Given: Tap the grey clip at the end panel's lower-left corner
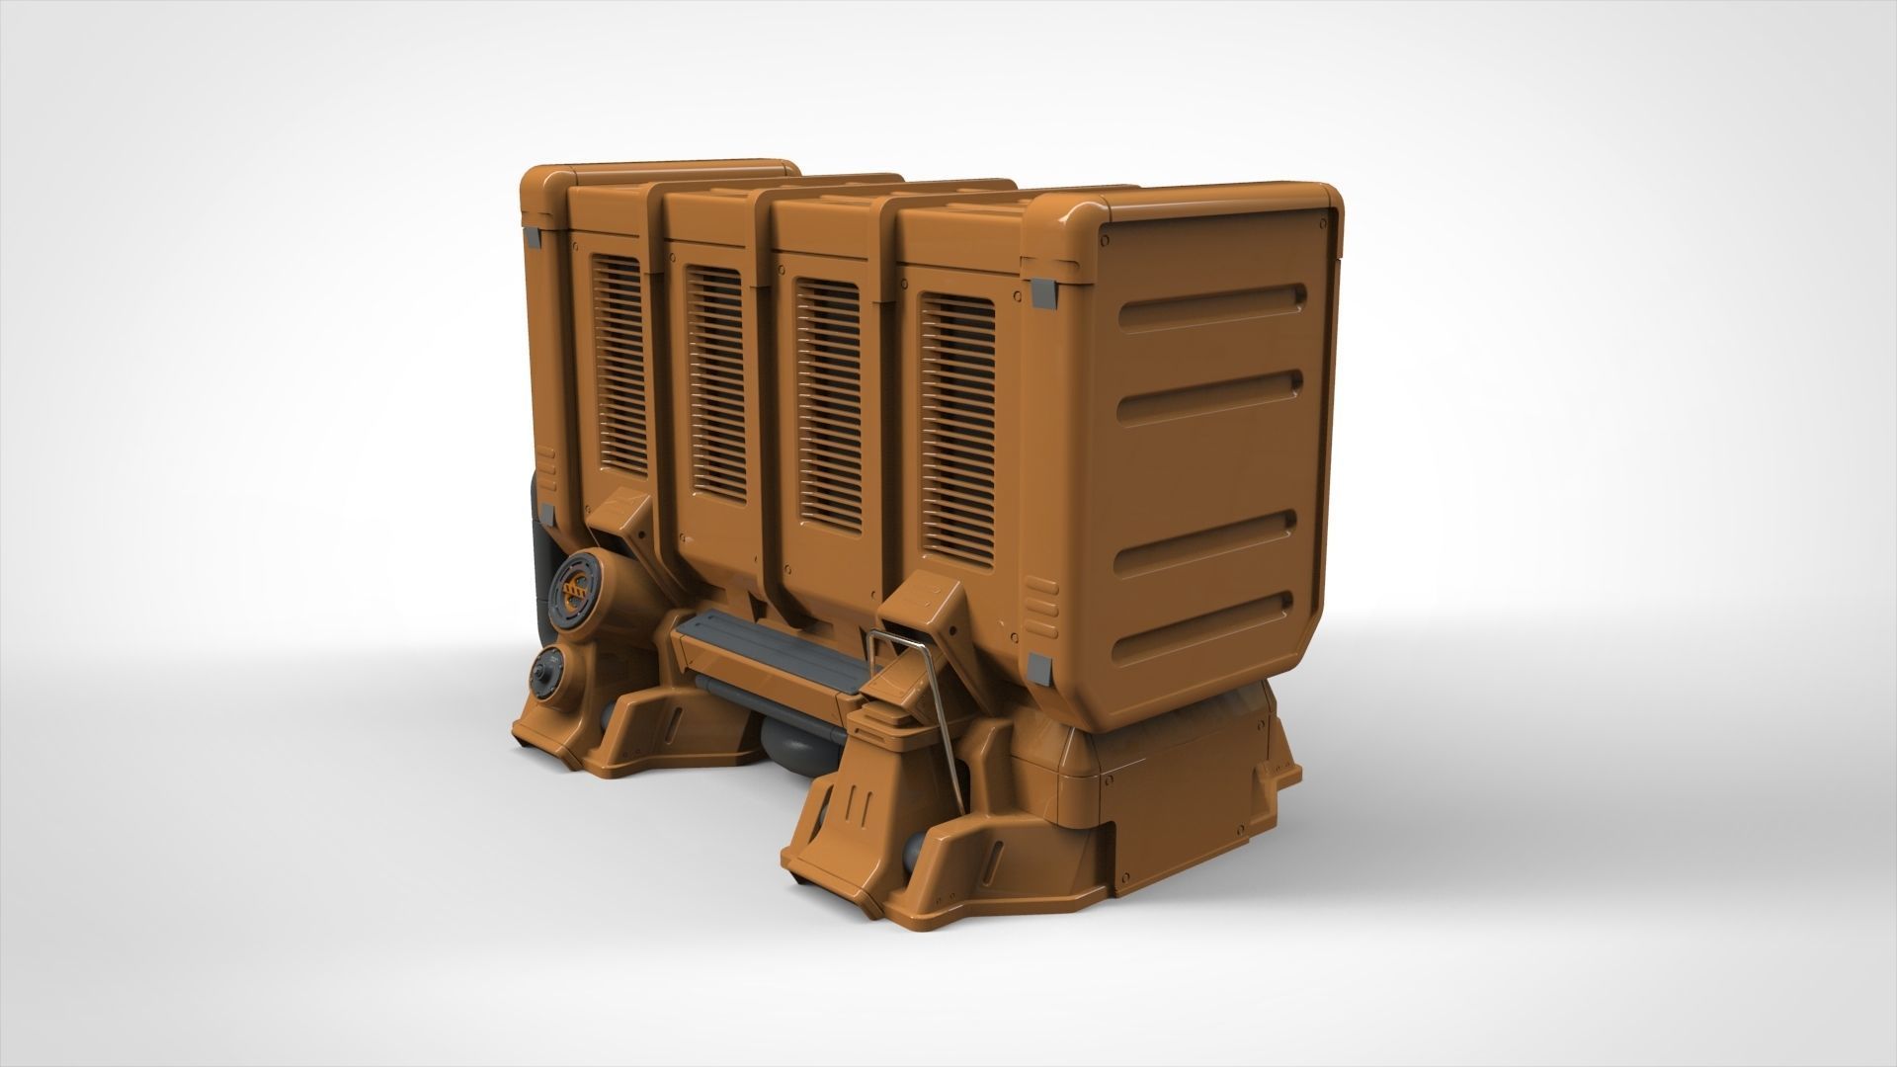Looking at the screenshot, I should tap(1039, 669).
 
